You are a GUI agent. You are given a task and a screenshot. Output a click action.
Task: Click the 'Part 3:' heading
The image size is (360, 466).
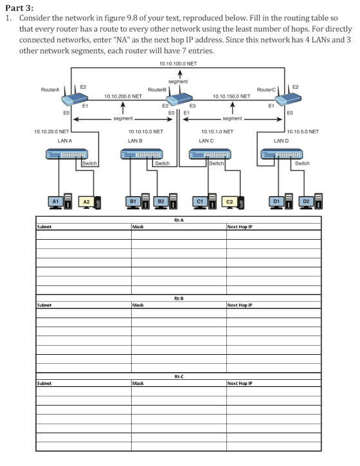pos(19,7)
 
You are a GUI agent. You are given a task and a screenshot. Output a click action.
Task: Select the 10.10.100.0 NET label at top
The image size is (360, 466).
pos(177,64)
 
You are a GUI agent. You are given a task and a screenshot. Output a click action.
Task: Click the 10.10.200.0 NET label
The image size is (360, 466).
pos(123,94)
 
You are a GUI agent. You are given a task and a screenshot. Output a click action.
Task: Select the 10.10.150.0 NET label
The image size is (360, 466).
pos(231,94)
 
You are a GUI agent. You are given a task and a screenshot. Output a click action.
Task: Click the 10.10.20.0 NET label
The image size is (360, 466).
pos(51,131)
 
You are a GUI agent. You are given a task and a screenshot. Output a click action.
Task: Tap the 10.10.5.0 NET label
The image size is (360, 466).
pos(304,131)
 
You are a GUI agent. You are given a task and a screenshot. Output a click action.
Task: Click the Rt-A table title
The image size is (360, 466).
pos(179,220)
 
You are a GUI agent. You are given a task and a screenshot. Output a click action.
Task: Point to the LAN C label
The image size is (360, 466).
pos(206,140)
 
